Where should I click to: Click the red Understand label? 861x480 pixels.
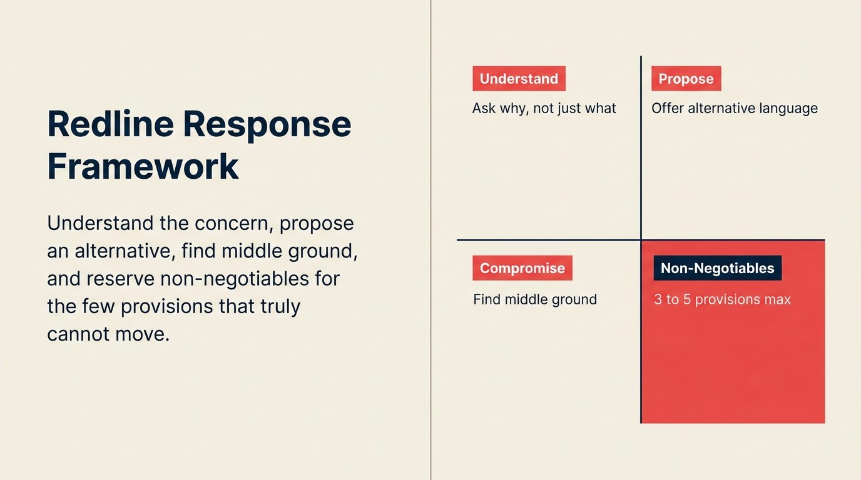(x=519, y=79)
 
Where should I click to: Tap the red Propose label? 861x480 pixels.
(x=686, y=79)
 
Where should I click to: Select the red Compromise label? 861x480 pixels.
(x=522, y=268)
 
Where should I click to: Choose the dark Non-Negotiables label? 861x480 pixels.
(x=717, y=268)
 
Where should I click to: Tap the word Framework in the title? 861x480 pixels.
(x=143, y=166)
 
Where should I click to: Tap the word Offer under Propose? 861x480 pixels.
(x=667, y=108)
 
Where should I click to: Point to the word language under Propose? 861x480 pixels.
(x=788, y=109)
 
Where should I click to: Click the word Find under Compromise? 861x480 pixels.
(x=485, y=299)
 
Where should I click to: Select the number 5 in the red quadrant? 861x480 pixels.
(x=686, y=299)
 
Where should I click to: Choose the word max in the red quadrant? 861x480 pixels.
(x=777, y=299)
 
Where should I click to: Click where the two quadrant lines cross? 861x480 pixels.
(x=641, y=239)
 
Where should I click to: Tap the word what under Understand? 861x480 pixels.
(x=600, y=109)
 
